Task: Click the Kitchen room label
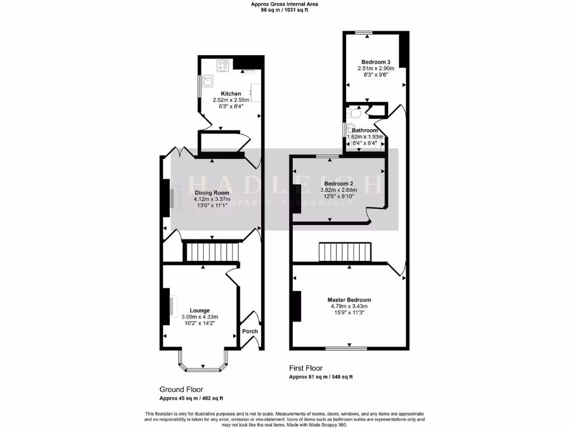231,94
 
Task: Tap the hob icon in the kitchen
224,66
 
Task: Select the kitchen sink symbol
208,81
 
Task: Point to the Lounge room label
199,310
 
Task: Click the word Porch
250,331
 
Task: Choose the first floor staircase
345,252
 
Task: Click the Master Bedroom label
348,300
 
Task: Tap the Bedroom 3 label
372,62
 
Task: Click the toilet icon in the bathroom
355,114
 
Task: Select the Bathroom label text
365,130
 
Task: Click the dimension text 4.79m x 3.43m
348,306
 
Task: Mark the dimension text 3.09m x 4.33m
199,317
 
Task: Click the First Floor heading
305,368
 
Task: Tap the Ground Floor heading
181,390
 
